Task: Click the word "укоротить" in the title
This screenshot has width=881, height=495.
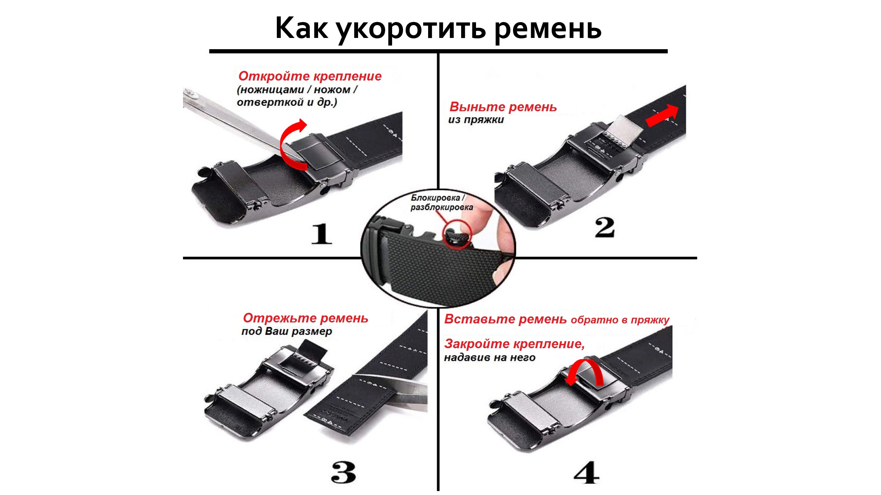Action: [x=410, y=29]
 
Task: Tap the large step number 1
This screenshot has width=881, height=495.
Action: [x=321, y=234]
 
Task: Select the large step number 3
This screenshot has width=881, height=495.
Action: [x=343, y=473]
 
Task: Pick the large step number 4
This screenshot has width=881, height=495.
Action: [x=586, y=473]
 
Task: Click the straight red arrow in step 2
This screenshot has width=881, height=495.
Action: [x=662, y=116]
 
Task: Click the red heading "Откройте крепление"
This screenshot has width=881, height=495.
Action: [x=310, y=76]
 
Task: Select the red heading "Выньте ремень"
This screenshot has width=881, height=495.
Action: [x=503, y=107]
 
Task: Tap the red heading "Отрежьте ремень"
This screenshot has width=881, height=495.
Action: [x=306, y=318]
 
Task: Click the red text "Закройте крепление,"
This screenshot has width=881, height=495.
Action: [x=514, y=344]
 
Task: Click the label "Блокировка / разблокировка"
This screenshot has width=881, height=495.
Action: [x=442, y=203]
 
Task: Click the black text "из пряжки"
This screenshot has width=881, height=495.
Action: [x=476, y=120]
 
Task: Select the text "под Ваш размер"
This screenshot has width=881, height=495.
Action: [x=287, y=331]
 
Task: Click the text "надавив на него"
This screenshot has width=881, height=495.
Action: [x=490, y=358]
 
